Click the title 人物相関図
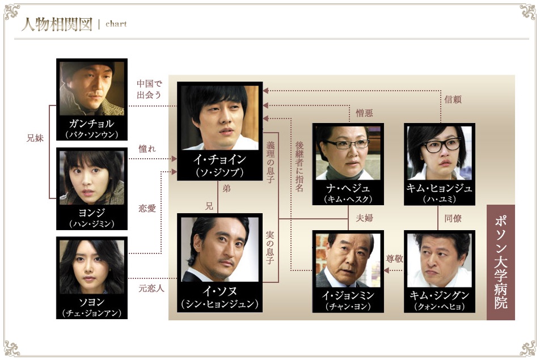click(57, 24)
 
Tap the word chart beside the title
click(116, 24)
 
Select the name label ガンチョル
click(92, 123)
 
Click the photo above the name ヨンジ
click(92, 177)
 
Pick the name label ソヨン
click(92, 302)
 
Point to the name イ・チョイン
click(220, 159)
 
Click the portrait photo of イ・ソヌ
click(220, 249)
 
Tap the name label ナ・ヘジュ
click(348, 188)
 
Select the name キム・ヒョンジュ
click(439, 188)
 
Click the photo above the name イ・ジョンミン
click(348, 260)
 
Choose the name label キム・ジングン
click(439, 295)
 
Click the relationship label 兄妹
click(35, 138)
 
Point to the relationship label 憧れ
click(147, 149)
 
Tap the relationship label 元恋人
click(151, 288)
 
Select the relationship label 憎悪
click(364, 113)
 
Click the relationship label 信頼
click(453, 99)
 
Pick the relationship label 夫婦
click(364, 218)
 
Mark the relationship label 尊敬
click(394, 259)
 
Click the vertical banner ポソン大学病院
click(501, 262)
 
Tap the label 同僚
click(453, 218)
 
